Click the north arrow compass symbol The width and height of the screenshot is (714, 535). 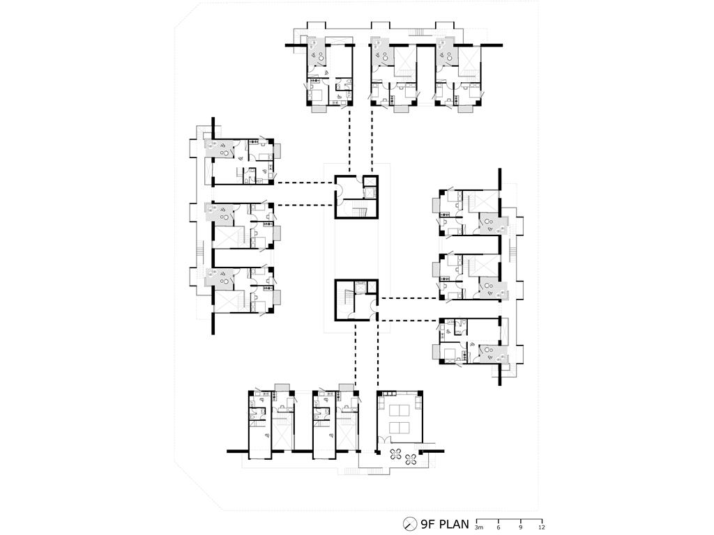coord(410,524)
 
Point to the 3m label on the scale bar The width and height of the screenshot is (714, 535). coord(478,528)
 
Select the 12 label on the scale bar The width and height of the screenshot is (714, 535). coord(541,528)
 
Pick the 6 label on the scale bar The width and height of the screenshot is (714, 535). coord(499,528)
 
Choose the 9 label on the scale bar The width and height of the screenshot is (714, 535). coord(520,528)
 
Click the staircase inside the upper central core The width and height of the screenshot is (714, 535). coord(360,210)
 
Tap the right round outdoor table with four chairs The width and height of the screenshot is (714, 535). coord(411,459)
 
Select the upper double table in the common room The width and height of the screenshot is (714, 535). coord(400,411)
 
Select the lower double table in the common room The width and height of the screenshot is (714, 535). coord(400,428)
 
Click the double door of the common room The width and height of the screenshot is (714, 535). coord(385,440)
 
